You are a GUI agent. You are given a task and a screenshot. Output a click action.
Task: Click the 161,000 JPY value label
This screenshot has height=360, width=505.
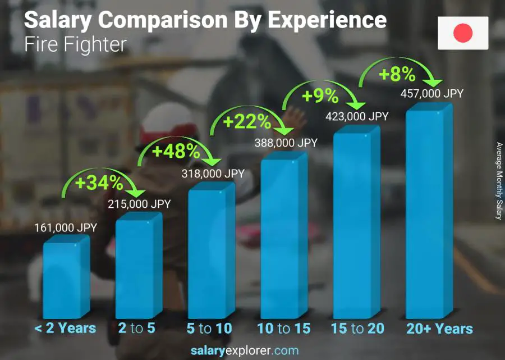[66, 228]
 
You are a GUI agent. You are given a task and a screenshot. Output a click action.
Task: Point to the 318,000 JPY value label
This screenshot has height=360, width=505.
[213, 174]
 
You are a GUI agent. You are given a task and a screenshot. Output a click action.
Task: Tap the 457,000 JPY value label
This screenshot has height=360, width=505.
[432, 94]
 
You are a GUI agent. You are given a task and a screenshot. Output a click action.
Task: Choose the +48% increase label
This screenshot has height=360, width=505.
[176, 151]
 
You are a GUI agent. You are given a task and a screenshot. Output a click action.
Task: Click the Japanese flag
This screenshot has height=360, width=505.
[463, 33]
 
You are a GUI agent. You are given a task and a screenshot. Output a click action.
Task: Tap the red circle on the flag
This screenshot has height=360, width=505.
[463, 33]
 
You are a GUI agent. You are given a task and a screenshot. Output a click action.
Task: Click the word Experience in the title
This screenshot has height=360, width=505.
[327, 20]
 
